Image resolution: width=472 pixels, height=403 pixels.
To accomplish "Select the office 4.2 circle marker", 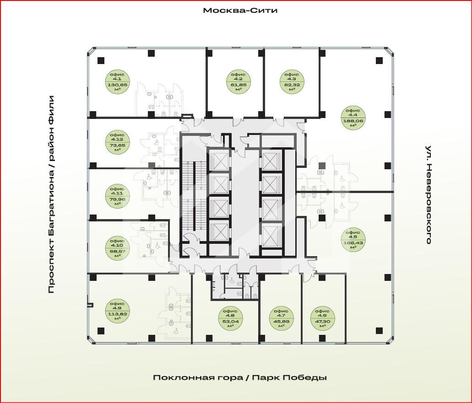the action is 239,81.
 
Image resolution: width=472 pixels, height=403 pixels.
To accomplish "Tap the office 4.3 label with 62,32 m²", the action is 292,81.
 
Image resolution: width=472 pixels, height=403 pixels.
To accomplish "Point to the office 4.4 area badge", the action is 353,118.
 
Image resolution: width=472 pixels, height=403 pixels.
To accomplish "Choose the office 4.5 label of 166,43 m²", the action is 353,239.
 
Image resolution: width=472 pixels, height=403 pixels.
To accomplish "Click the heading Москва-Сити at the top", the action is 240,11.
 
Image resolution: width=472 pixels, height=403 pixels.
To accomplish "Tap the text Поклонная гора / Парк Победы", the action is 240,377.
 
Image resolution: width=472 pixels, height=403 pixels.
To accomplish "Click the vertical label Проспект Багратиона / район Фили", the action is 51,194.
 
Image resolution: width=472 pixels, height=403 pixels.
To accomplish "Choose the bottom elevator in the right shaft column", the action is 271,234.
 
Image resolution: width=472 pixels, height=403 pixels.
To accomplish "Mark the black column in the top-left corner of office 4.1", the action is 101,60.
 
